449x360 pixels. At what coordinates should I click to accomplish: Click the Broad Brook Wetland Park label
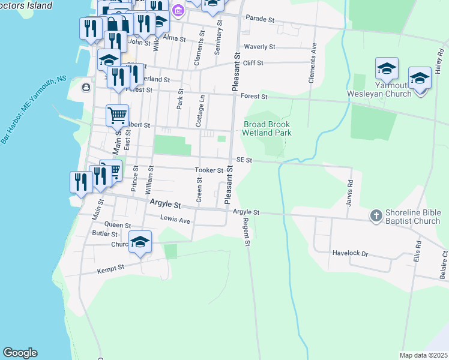click(x=267, y=128)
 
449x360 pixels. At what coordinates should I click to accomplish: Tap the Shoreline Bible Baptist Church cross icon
click(x=376, y=215)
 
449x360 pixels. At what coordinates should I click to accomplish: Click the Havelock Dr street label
click(x=350, y=253)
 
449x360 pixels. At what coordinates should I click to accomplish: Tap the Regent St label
click(x=246, y=232)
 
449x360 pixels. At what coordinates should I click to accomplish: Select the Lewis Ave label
click(x=175, y=221)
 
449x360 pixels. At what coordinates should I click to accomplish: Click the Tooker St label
click(x=209, y=170)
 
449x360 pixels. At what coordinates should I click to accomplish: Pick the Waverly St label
click(x=259, y=46)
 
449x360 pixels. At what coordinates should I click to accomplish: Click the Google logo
click(x=20, y=353)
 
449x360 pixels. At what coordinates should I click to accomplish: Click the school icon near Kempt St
click(x=140, y=242)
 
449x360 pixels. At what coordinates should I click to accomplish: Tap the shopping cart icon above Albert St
click(x=118, y=114)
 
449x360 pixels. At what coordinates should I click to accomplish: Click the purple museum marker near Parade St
click(x=178, y=11)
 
